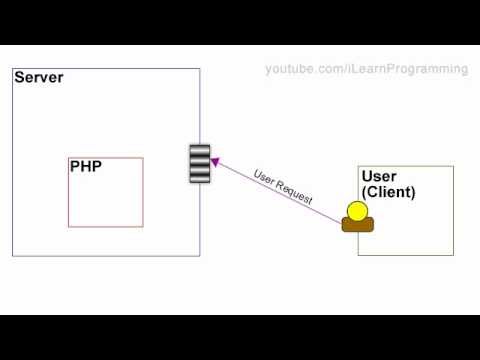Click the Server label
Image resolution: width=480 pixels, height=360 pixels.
pyautogui.click(x=39, y=78)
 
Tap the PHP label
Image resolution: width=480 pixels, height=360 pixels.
pyautogui.click(x=85, y=167)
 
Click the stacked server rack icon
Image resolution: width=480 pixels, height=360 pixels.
pyautogui.click(x=200, y=164)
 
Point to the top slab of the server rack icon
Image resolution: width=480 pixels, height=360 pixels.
pyautogui.click(x=200, y=151)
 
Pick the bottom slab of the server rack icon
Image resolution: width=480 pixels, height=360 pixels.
pyautogui.click(x=200, y=177)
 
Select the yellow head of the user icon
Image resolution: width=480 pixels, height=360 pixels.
pyautogui.click(x=357, y=211)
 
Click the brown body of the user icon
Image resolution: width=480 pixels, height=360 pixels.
pyautogui.click(x=357, y=225)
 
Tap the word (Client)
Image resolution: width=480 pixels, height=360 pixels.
pyautogui.click(x=388, y=192)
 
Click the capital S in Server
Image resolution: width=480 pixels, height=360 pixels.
pyautogui.click(x=19, y=78)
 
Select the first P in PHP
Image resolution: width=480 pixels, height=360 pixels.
pyautogui.click(x=75, y=167)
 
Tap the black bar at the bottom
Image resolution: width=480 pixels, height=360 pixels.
pyautogui.click(x=240, y=337)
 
